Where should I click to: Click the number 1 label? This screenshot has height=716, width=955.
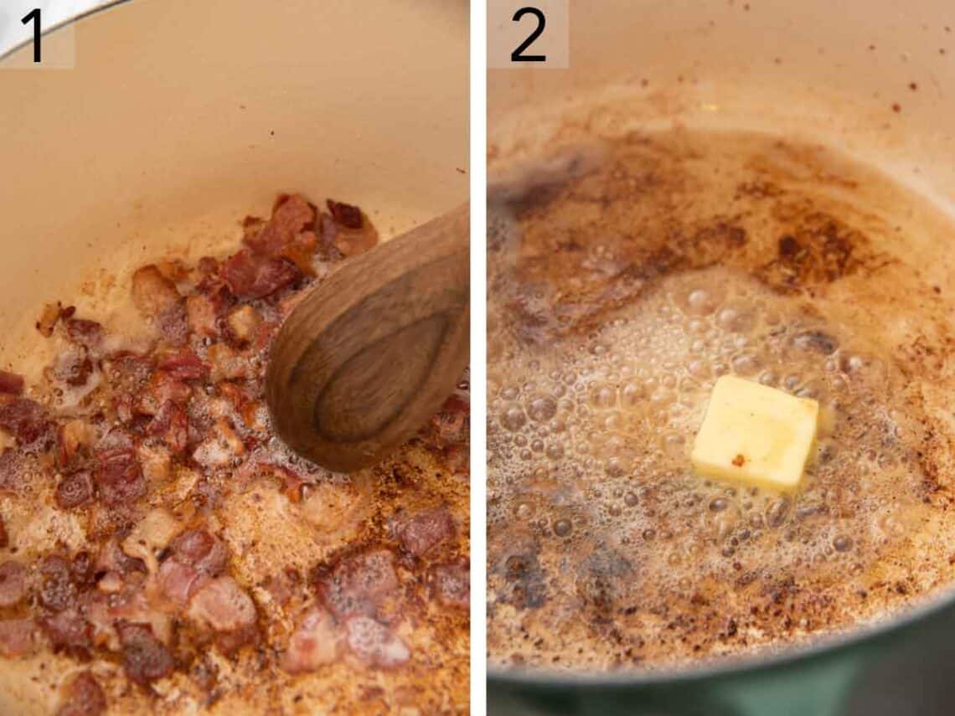pos(32,35)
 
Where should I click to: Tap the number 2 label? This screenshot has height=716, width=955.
pos(528,35)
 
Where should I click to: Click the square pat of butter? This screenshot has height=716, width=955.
pos(754,433)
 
